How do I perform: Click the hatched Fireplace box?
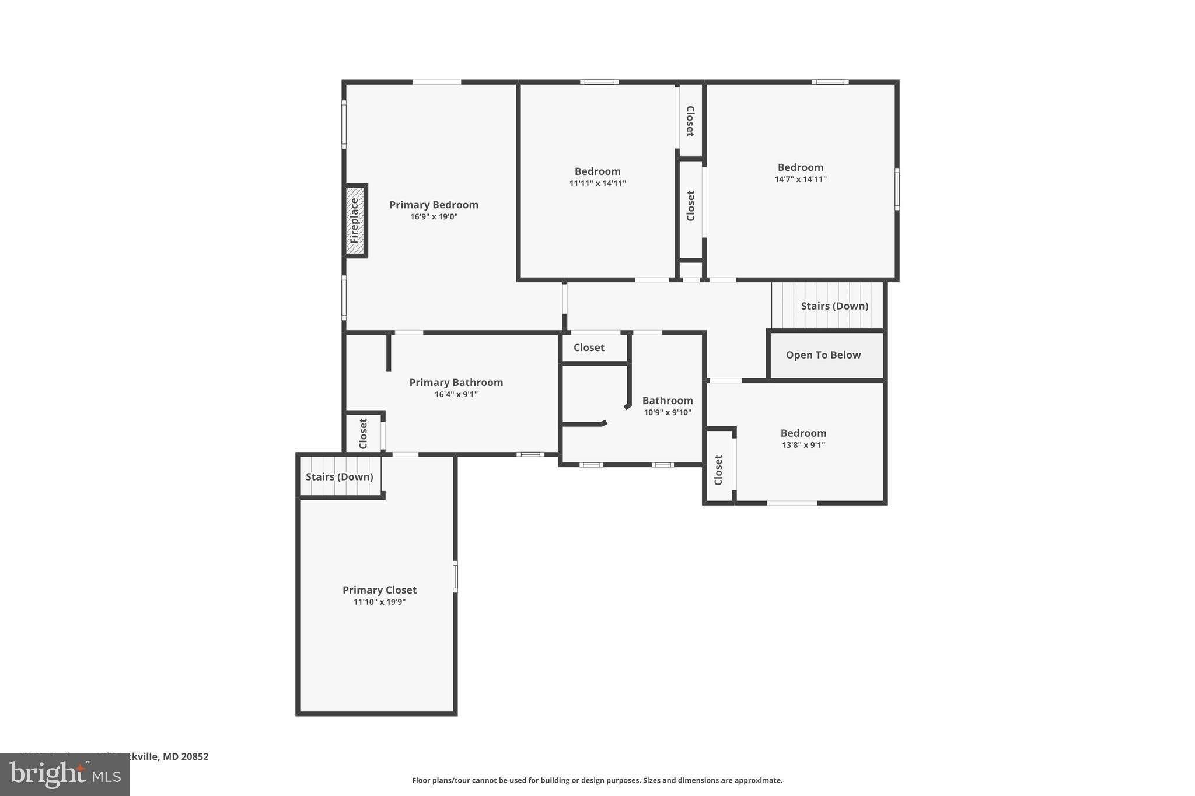point(355,220)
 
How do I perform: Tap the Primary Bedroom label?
point(434,205)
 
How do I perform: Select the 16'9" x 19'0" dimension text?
point(434,217)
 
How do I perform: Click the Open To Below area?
point(823,355)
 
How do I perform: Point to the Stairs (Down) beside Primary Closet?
point(340,477)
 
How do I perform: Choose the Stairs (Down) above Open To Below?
point(834,306)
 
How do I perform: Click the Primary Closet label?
point(379,590)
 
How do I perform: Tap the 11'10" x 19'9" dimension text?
point(379,602)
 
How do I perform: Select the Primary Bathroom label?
point(456,383)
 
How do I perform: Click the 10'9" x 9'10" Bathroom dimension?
point(668,413)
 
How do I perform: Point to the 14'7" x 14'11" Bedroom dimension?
point(800,180)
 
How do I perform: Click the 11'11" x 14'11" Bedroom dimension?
point(597,184)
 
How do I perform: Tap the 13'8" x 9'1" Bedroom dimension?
point(803,446)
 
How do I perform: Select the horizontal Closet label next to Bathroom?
point(589,348)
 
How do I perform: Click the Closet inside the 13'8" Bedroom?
point(718,469)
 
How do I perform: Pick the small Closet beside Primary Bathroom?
point(363,433)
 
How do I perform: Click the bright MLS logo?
point(64,774)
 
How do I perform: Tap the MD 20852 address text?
point(185,756)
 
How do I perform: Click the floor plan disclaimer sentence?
point(597,780)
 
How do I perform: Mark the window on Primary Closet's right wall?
point(455,577)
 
